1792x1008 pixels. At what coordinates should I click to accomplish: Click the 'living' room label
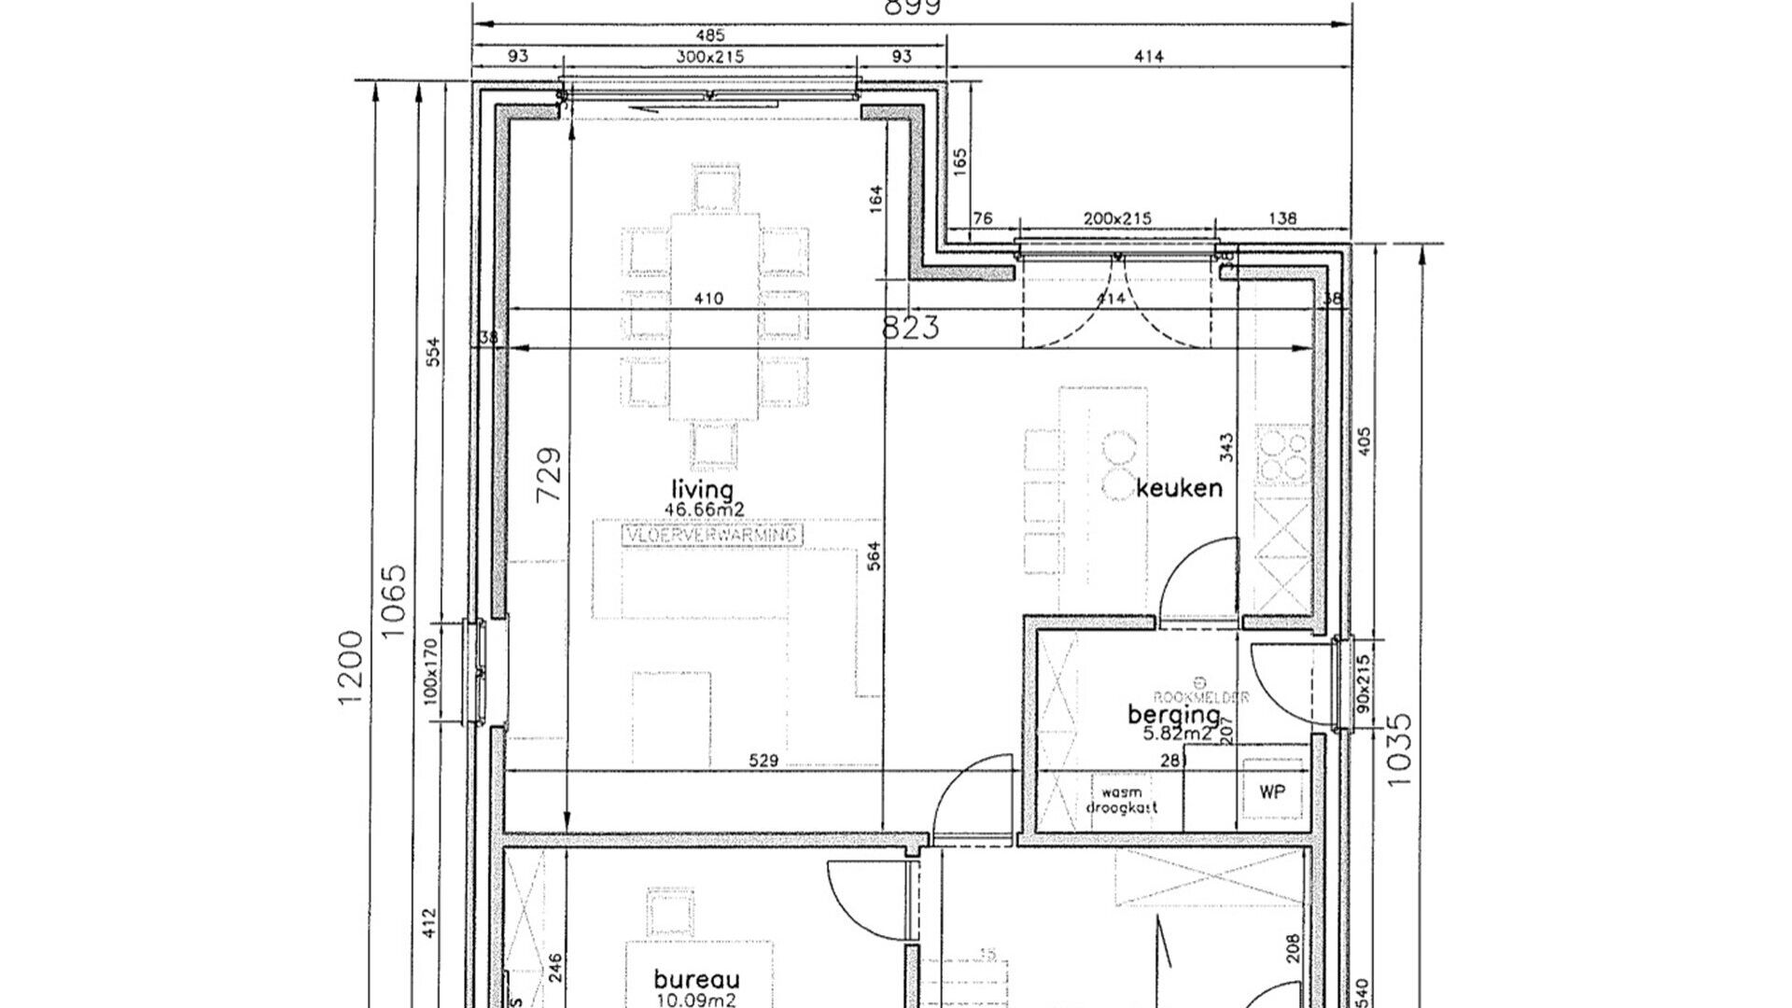point(703,490)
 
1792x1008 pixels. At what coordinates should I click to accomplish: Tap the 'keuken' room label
point(1180,487)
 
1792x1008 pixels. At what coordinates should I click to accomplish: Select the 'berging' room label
point(1173,715)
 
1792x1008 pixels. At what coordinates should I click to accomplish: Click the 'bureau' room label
point(696,980)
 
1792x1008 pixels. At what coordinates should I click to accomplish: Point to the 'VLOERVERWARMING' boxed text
point(711,536)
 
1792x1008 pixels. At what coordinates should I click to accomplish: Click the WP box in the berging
point(1272,792)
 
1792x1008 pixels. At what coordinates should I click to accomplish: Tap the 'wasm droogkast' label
point(1122,799)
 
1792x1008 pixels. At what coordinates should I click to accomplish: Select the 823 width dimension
point(911,328)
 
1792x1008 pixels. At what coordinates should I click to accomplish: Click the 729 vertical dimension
point(551,474)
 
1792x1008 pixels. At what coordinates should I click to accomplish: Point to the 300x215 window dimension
point(709,57)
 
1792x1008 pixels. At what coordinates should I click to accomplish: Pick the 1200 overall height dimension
point(351,667)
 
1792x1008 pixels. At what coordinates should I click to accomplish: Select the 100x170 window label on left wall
point(429,670)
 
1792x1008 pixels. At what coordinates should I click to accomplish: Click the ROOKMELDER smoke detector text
point(1201,697)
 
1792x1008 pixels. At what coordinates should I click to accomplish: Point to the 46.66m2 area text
point(704,510)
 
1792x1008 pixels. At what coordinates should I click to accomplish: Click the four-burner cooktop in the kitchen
point(1282,455)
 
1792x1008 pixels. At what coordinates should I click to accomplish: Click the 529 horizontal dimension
point(763,761)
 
